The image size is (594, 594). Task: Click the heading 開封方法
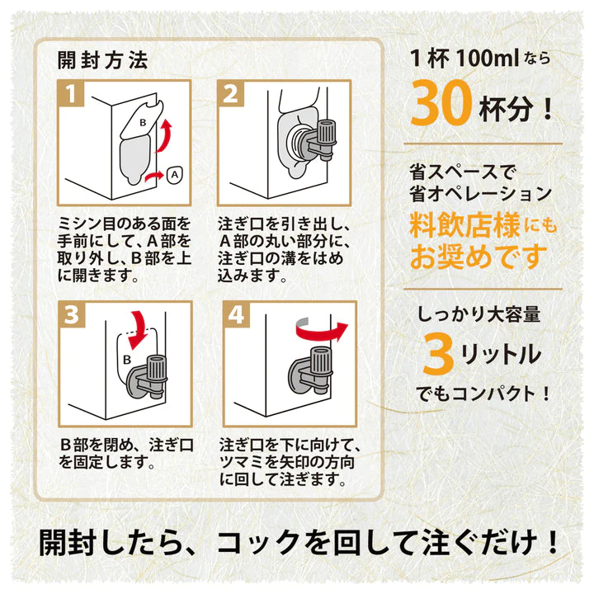[x=102, y=60]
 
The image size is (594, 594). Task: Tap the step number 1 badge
[x=71, y=93]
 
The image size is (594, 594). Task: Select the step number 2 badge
[x=231, y=93]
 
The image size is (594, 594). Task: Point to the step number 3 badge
[x=72, y=314]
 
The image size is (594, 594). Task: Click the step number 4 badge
[x=237, y=314]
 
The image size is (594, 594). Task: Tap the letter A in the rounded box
[x=174, y=175]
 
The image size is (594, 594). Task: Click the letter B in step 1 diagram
[x=143, y=122]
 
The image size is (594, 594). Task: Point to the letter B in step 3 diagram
[x=127, y=359]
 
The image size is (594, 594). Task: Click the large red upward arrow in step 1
[x=164, y=135]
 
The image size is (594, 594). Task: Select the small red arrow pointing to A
[x=154, y=177]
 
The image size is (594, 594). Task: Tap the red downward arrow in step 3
[x=137, y=330]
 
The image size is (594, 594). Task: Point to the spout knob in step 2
[x=326, y=133]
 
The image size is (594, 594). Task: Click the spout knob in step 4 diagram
[x=321, y=361]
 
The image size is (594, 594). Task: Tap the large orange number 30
[x=441, y=102]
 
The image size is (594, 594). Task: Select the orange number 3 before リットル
[x=438, y=355]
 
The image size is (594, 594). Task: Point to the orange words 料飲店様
[x=464, y=226]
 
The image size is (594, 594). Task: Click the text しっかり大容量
[x=478, y=314]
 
